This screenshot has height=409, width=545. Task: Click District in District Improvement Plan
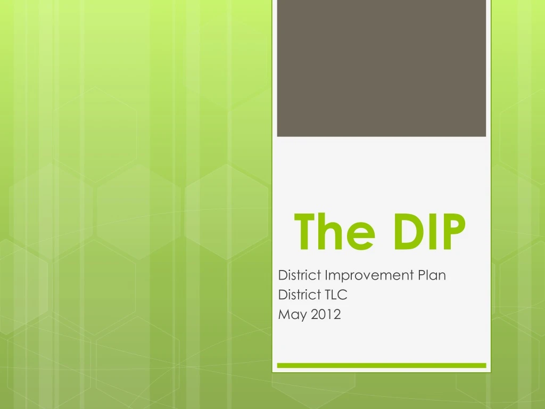(x=300, y=275)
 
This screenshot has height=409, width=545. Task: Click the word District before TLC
(x=300, y=295)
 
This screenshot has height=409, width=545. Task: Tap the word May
(x=293, y=315)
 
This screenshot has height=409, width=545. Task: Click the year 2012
(x=326, y=314)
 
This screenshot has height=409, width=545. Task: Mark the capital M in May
(x=284, y=314)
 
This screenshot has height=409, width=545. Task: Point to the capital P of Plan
(x=421, y=275)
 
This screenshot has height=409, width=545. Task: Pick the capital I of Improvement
(x=326, y=275)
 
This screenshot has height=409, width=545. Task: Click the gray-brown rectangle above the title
(x=382, y=68)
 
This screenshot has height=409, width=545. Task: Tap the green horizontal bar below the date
(x=382, y=365)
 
